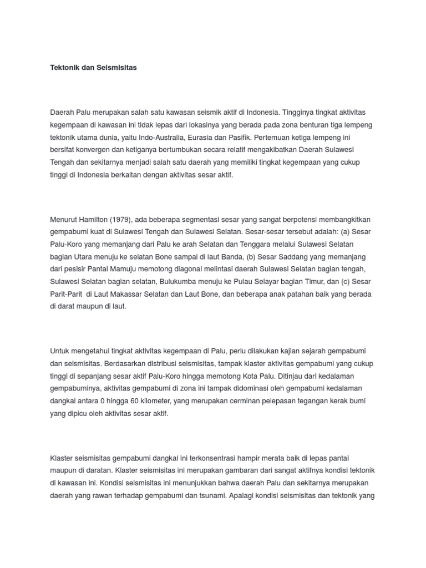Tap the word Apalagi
(x=241, y=495)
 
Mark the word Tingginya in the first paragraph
(x=323, y=111)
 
